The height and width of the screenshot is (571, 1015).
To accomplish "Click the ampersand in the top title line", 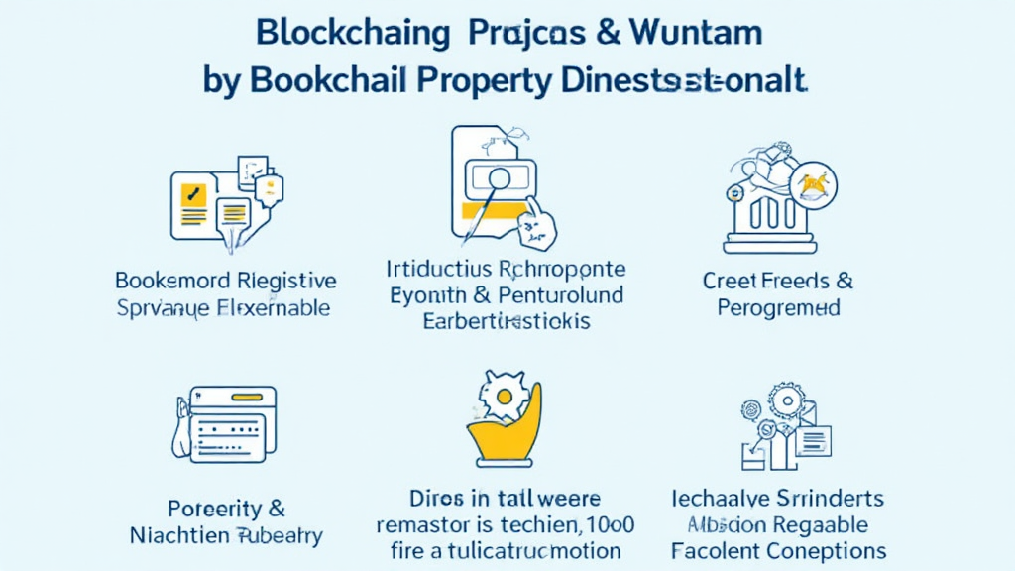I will [x=598, y=32].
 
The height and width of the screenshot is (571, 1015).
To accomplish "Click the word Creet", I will [x=732, y=281].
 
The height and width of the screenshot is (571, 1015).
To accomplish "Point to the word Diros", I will [x=441, y=498].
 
